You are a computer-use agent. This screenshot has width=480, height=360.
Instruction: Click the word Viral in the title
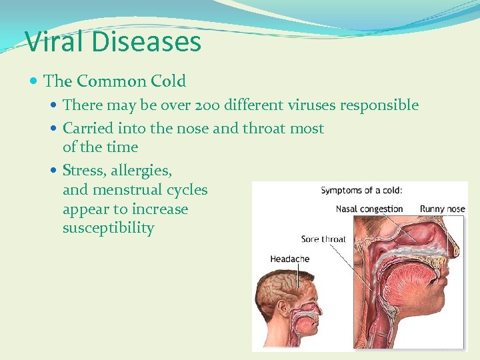tap(55, 41)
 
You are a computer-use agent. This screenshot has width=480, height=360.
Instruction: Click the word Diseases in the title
tap(147, 41)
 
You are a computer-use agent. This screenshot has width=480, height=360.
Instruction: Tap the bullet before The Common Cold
tap(34, 81)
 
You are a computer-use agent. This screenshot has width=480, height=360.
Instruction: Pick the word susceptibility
tap(108, 228)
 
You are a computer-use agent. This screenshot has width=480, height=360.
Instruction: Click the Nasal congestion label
tap(369, 209)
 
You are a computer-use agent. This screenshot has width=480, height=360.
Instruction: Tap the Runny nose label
tap(442, 209)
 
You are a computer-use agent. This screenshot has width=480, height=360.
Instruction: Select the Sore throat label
tap(323, 239)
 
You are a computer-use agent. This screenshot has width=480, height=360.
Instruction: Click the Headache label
tap(290, 259)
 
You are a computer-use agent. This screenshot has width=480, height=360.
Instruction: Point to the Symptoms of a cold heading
tap(361, 191)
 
